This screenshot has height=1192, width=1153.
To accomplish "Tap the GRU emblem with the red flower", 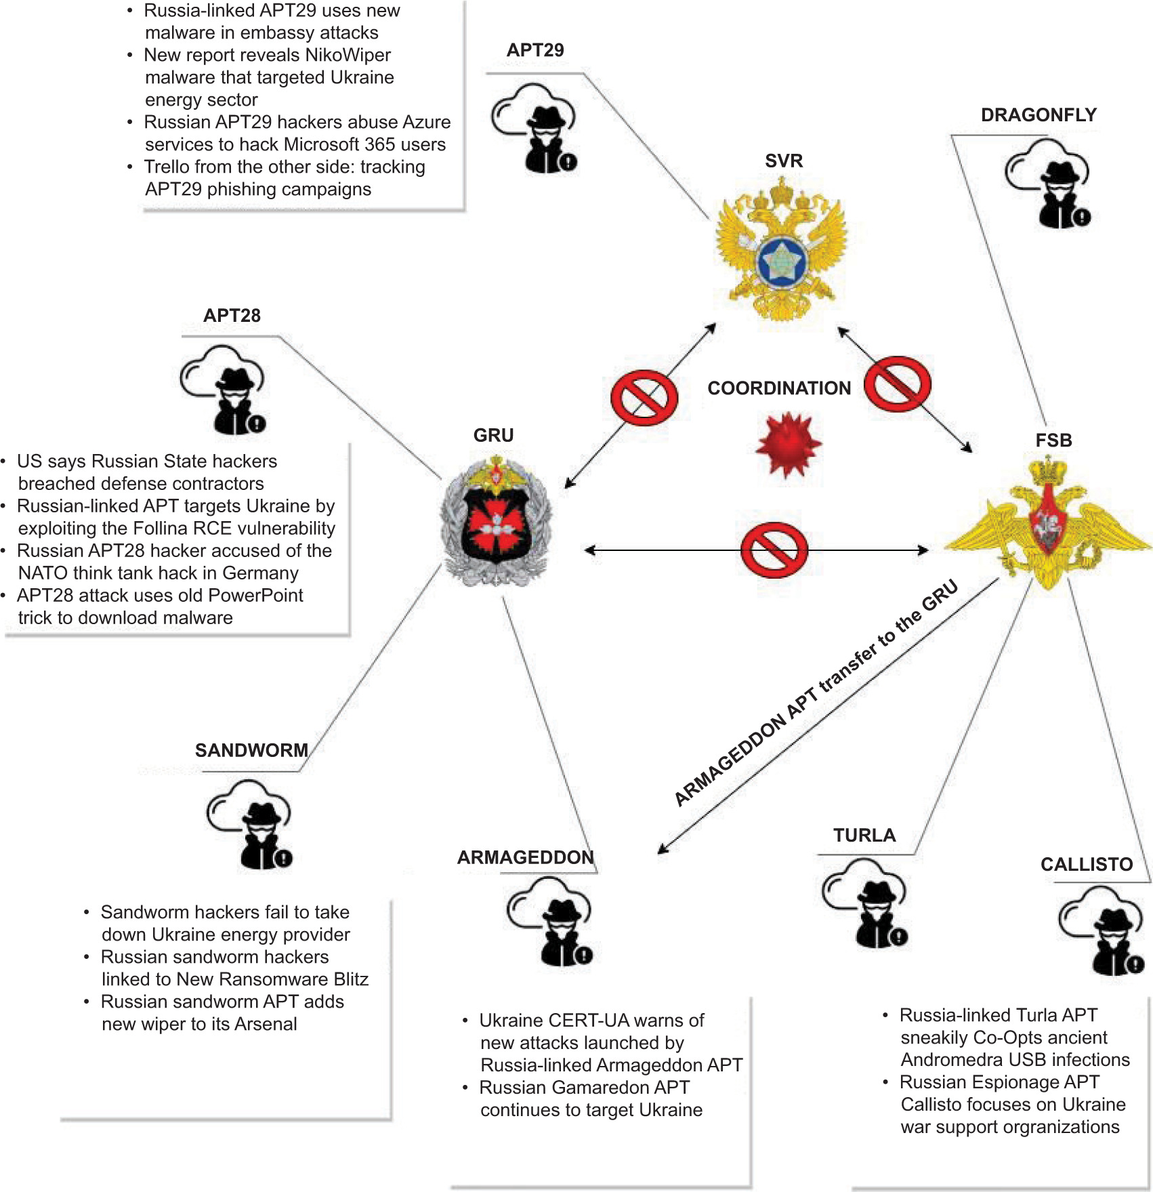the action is coord(497,520).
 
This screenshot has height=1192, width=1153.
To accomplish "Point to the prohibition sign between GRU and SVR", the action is coord(644,398).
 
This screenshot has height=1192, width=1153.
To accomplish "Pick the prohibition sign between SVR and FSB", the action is coord(898,384).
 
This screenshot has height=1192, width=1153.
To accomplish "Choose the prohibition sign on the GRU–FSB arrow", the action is coord(774,550).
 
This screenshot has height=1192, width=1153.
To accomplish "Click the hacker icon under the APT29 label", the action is coord(534,128).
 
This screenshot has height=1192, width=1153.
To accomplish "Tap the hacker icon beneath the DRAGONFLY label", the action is coord(1047,184).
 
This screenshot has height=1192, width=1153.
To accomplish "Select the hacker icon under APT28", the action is coord(223,390).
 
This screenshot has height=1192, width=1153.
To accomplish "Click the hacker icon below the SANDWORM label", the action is coord(249,825).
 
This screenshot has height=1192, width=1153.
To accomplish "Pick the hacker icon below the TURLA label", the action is coord(864,903).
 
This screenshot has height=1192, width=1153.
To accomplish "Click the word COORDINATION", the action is coord(779,388).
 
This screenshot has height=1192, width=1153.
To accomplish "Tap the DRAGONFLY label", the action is coord(1039,115).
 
